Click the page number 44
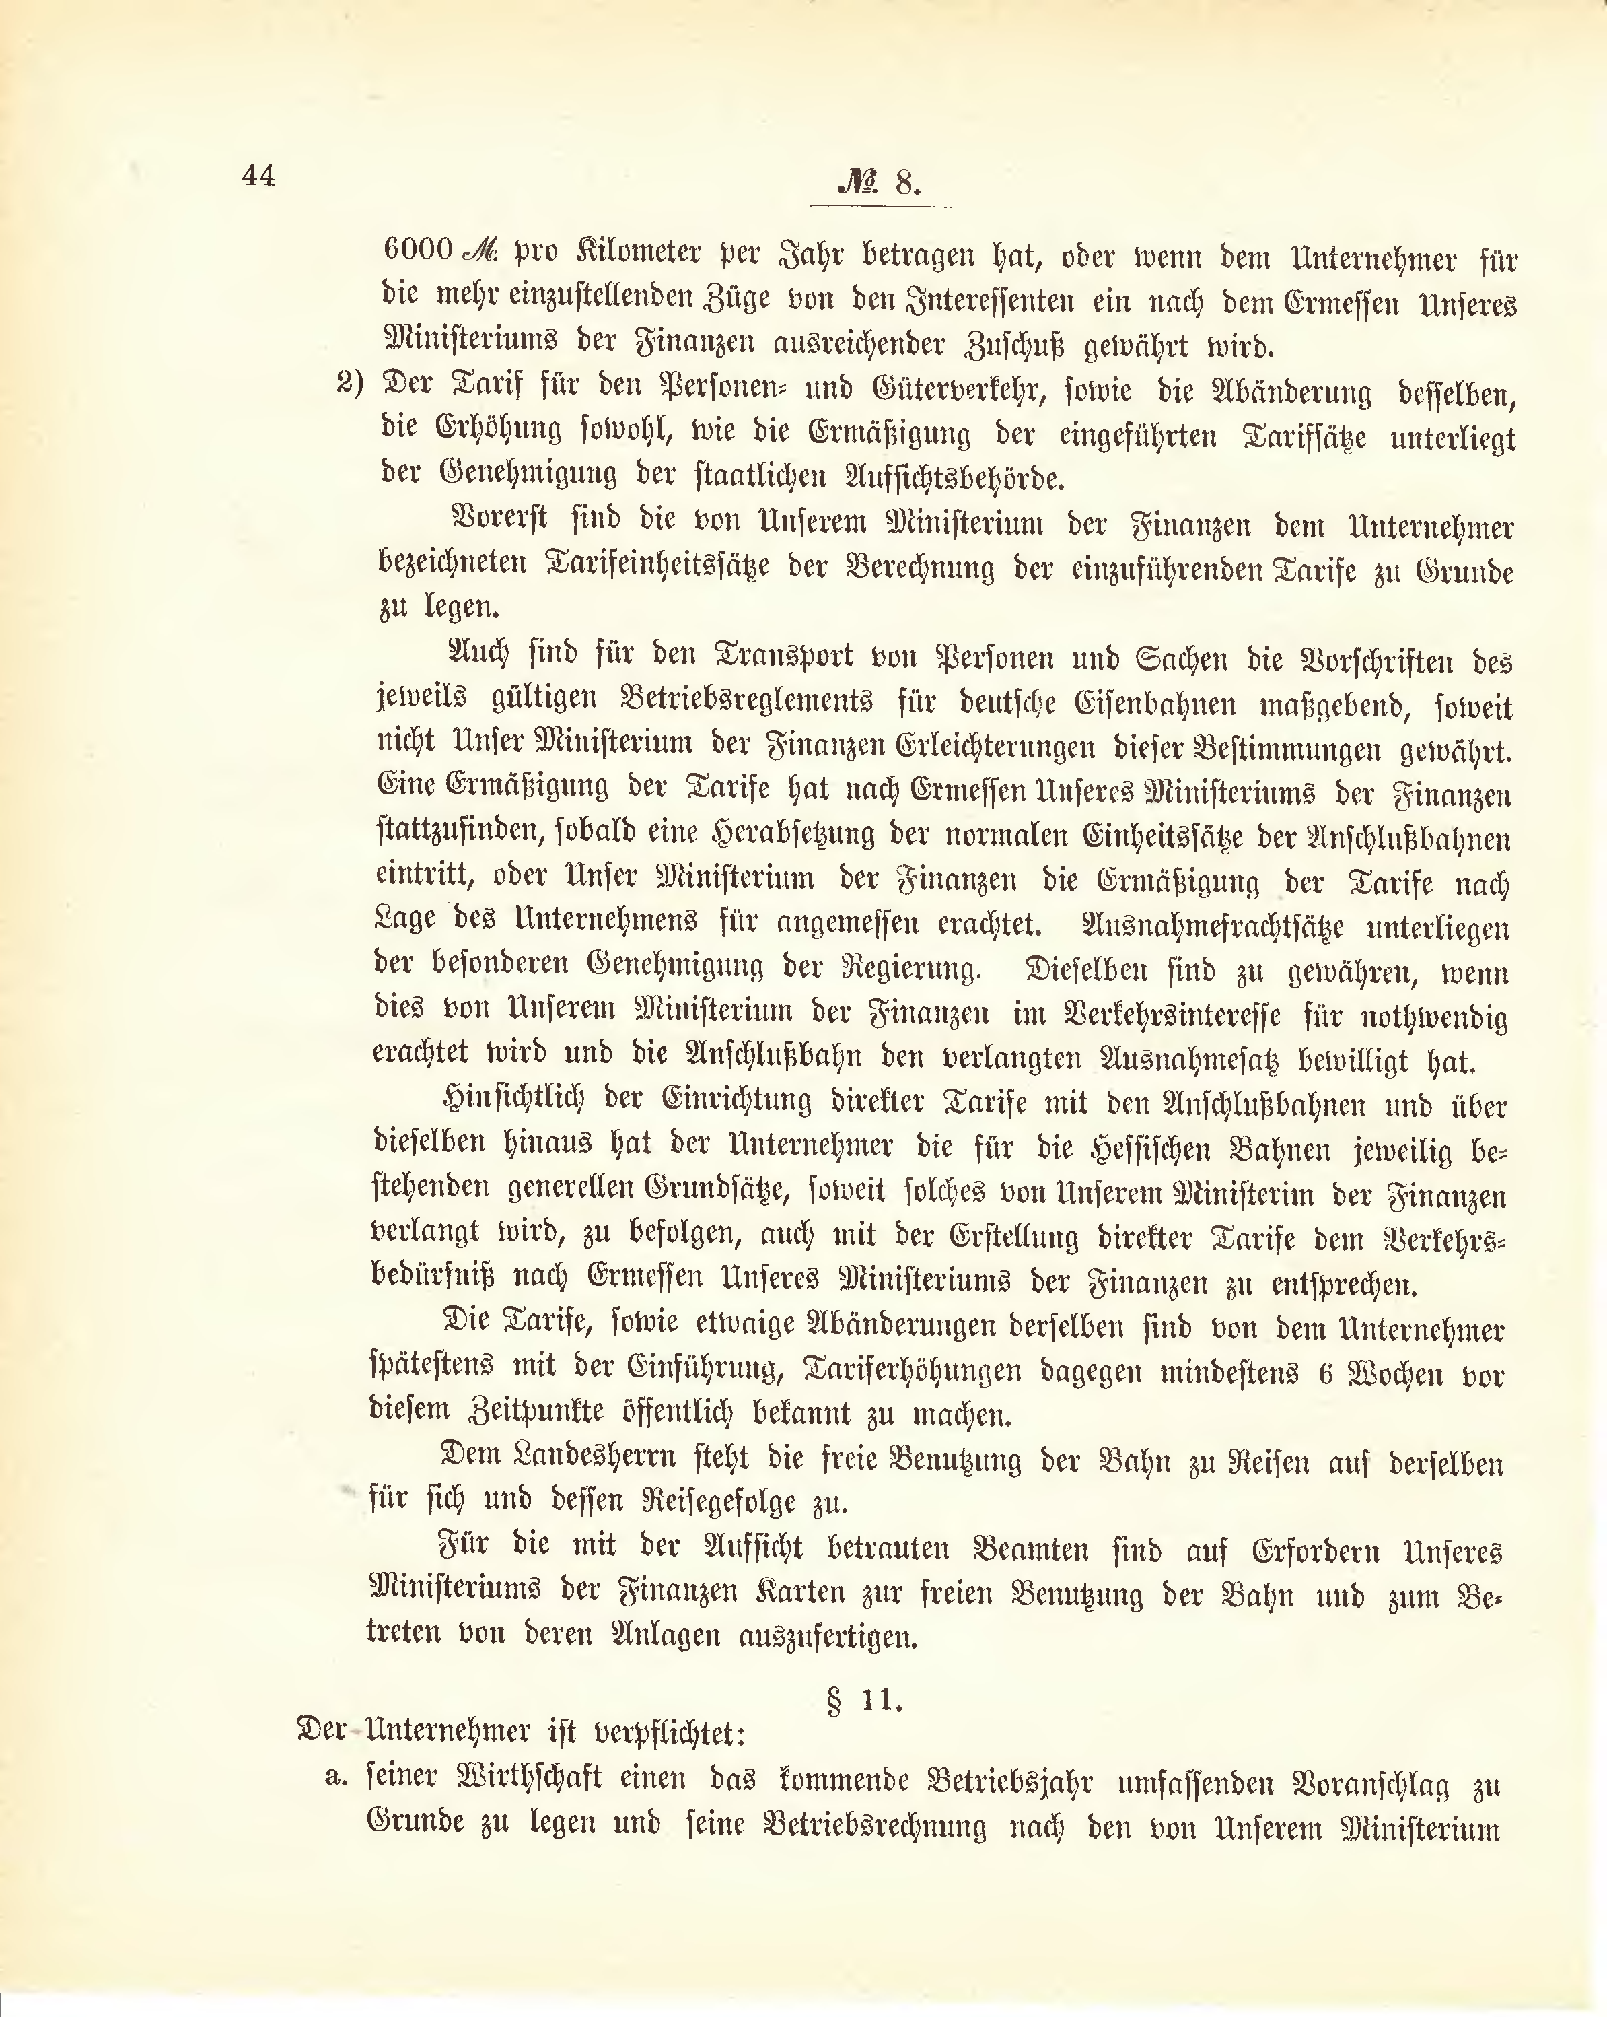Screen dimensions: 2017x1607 (258, 175)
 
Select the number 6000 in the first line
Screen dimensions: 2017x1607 (418, 249)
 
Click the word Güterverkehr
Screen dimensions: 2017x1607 (952, 390)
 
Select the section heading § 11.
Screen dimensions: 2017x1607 (863, 1700)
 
